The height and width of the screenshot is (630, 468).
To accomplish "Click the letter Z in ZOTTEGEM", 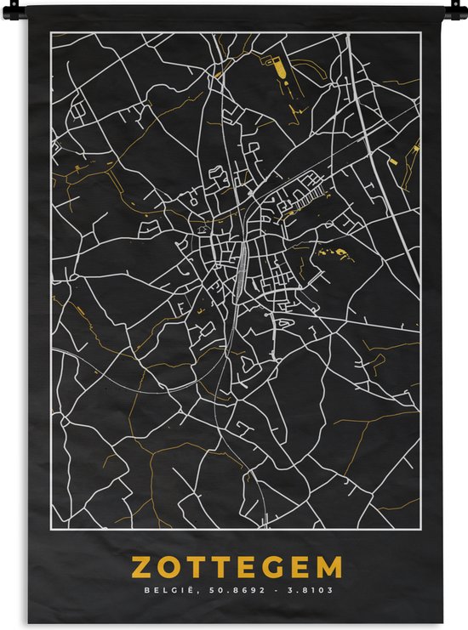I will pos(141,567).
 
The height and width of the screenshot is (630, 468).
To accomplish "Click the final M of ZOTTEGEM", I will pos(329,567).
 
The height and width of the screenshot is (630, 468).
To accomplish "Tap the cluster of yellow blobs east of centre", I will pos(335,253).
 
